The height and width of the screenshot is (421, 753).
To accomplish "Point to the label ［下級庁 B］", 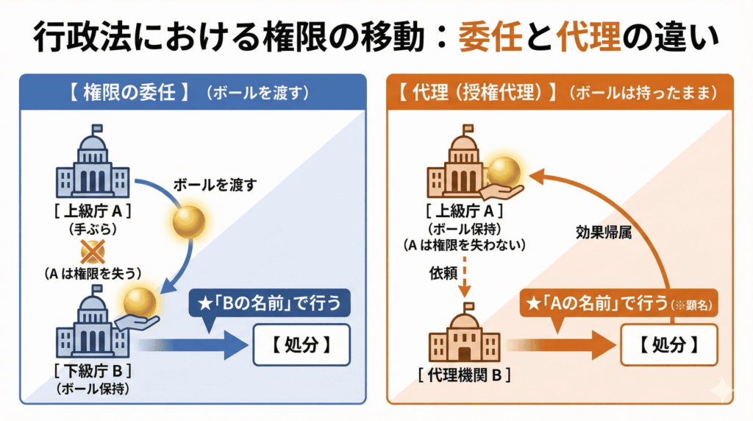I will [93, 368].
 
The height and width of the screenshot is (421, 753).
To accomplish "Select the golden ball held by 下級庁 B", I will [140, 302].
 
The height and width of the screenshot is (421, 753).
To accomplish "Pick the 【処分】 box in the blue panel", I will [298, 344].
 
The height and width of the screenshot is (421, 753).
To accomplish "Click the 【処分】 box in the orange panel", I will [667, 343].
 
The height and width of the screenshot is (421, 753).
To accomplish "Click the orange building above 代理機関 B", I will [463, 338].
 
